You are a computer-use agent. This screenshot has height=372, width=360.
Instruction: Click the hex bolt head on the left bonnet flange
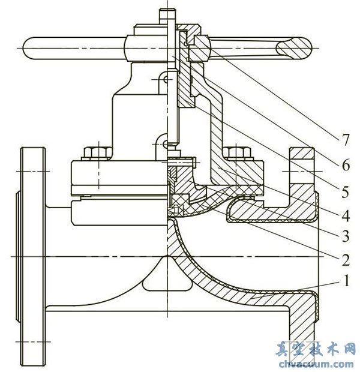pos(95,151)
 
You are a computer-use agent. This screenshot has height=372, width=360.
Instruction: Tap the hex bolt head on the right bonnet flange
pos(236,151)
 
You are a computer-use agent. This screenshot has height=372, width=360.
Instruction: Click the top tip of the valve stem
pos(166,10)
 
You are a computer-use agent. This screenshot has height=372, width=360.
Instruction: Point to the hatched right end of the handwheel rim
pos(295,46)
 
